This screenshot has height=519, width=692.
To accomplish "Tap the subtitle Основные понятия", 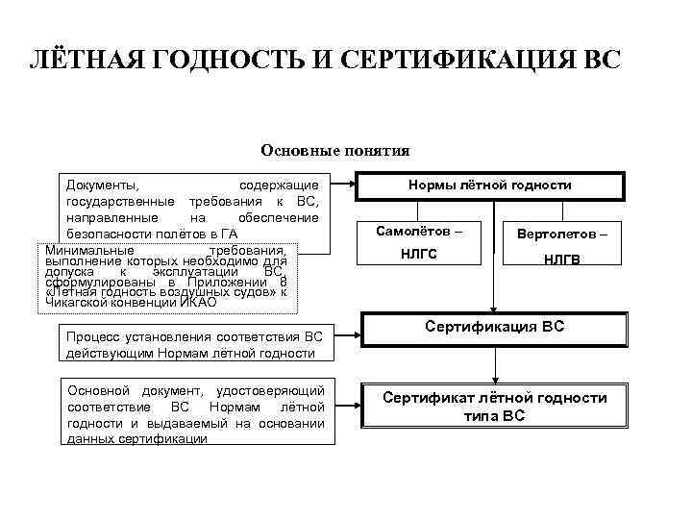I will tap(334, 150).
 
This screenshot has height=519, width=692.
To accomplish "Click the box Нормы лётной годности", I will tap(490, 185).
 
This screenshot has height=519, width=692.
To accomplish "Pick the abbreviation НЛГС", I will tap(419, 254).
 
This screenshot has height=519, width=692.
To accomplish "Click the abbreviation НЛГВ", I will tap(561, 259).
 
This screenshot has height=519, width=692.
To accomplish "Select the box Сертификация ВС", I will tap(494, 328).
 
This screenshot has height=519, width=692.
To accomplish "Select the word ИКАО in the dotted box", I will tap(196, 303).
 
